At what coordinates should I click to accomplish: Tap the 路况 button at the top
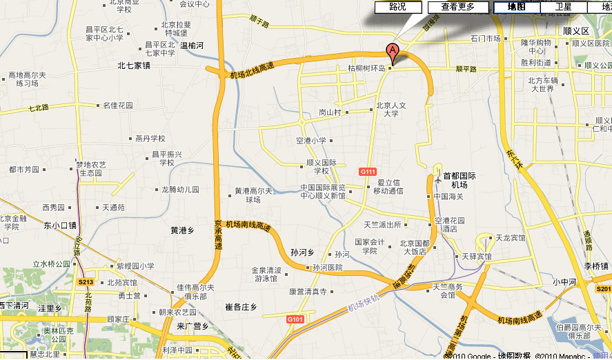[397, 7]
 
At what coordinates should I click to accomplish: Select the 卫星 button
[563, 7]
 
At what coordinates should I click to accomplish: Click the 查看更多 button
[458, 7]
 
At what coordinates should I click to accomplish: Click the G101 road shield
[295, 319]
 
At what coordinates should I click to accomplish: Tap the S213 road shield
[86, 282]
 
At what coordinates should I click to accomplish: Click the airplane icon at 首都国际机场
[437, 179]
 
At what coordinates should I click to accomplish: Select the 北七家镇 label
[133, 66]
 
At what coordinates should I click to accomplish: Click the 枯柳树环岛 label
[366, 68]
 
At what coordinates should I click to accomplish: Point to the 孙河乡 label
[303, 252]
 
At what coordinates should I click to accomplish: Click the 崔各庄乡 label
[241, 306]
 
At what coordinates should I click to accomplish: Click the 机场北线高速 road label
[252, 69]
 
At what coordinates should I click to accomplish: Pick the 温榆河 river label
[192, 46]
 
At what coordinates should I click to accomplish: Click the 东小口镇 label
[60, 225]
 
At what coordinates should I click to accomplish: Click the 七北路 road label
[39, 108]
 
